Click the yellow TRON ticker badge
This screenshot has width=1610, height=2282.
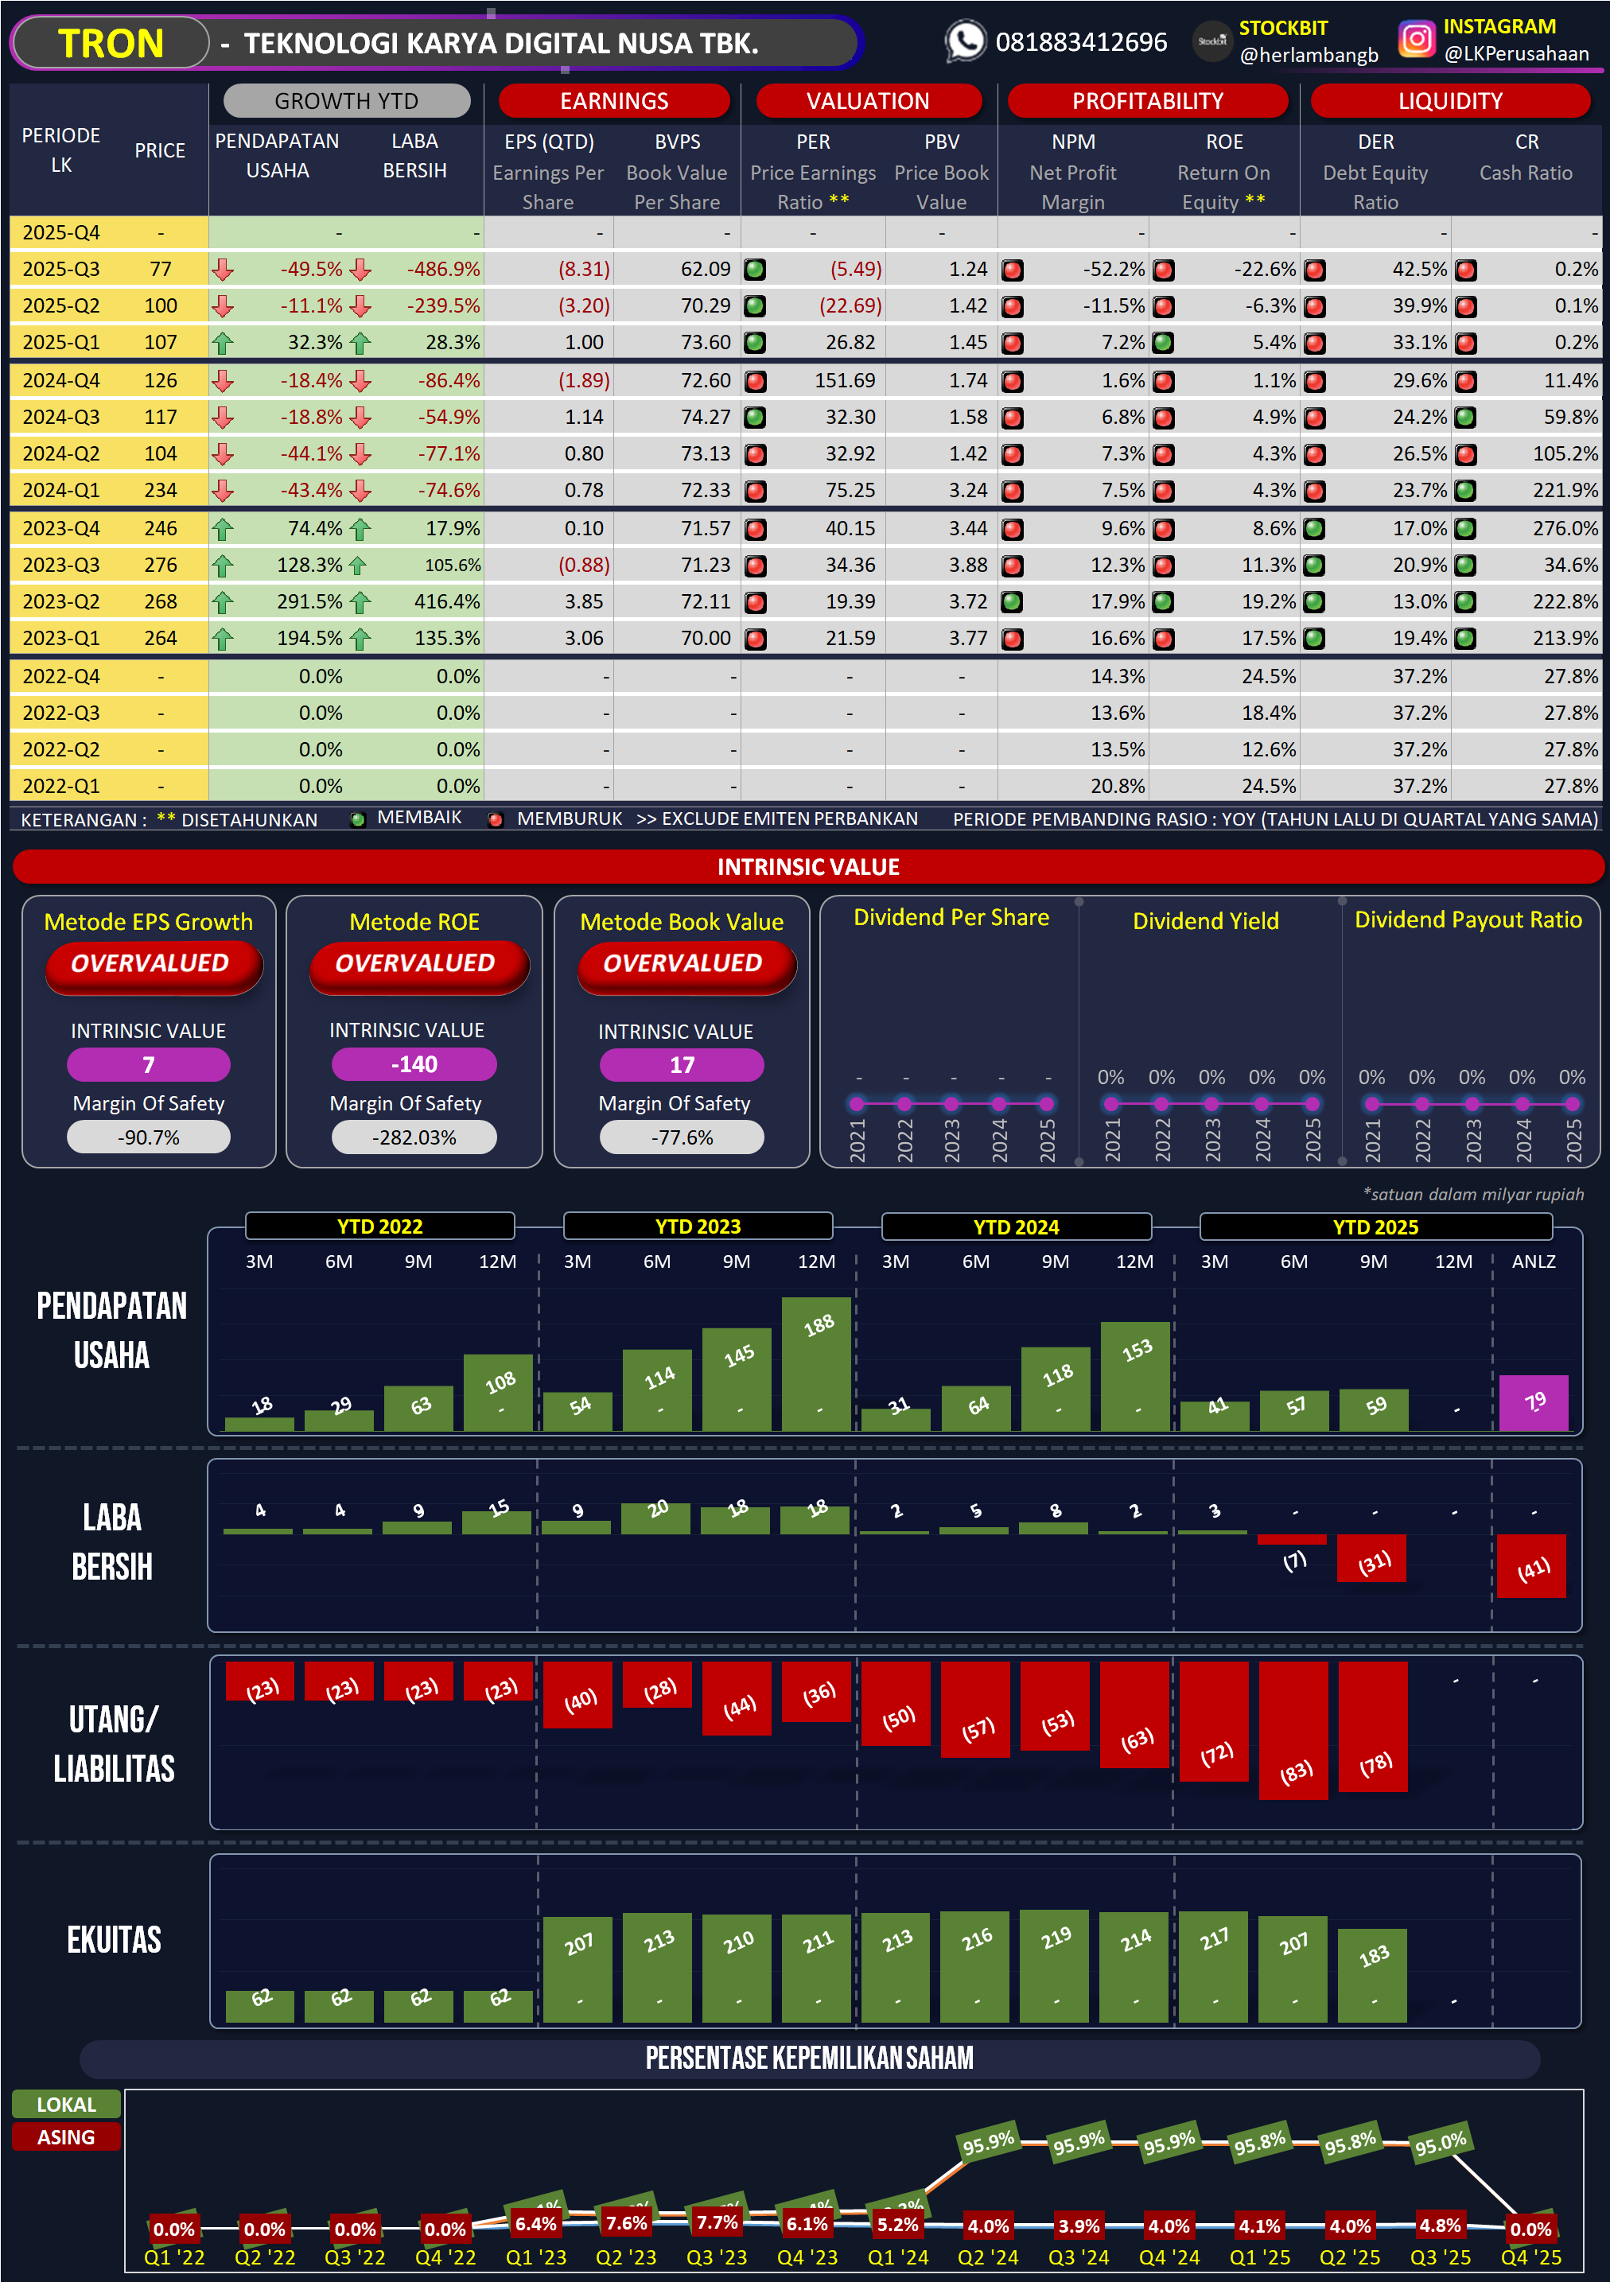point(111,44)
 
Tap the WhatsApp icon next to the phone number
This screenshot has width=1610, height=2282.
point(964,41)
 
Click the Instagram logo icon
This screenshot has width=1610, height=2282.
point(1416,40)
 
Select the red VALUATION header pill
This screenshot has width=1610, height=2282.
point(868,101)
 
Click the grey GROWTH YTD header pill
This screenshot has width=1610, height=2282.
point(346,101)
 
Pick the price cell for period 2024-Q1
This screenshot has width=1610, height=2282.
point(160,490)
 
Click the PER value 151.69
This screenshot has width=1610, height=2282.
point(850,381)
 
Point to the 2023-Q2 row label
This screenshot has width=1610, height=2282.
point(60,601)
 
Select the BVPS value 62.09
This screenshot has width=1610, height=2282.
point(705,270)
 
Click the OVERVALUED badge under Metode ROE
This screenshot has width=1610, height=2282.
point(415,963)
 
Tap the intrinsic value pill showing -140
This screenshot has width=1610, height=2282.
point(414,1064)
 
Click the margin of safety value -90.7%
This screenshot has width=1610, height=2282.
point(149,1137)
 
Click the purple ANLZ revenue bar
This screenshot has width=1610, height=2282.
point(1533,1402)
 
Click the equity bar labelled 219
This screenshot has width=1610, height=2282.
point(1055,1966)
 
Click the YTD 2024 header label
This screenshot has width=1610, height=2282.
point(1016,1227)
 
